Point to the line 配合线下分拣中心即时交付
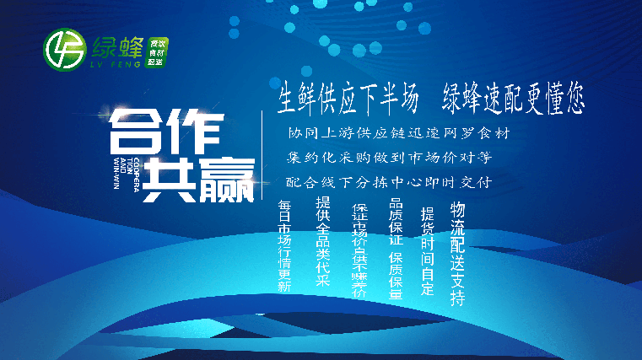pos(389,181)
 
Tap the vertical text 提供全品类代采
pos(321,242)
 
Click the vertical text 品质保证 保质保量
pos(395,250)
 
